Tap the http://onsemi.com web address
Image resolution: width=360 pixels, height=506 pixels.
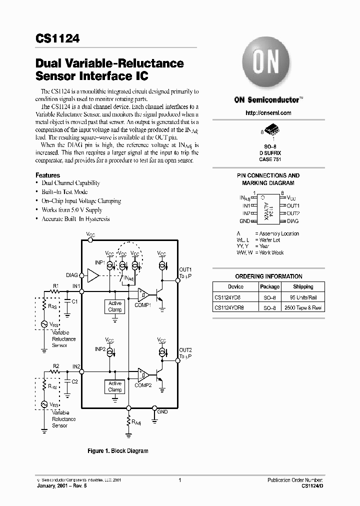pos(268,113)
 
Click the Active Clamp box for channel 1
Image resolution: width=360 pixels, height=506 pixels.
pos(115,306)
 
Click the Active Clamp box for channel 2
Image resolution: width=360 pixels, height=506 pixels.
pos(115,386)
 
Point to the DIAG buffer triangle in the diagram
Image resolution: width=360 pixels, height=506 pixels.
pos(93,275)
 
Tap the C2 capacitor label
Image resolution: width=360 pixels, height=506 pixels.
pos(74,381)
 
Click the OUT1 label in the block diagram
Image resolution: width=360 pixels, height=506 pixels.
pos(185,269)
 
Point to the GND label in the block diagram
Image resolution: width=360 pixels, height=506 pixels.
pos(162,412)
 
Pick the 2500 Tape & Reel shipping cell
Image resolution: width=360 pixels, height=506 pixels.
pos(303,308)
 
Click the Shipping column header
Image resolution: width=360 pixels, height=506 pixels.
pos(303,287)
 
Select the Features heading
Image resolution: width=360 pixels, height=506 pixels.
pos(47,175)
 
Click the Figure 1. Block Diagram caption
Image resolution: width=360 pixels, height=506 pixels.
pos(118,451)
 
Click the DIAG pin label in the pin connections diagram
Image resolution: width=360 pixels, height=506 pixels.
pos(293,220)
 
